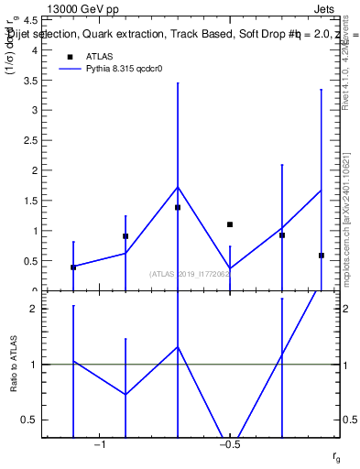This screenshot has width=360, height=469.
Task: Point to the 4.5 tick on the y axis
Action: point(29,19)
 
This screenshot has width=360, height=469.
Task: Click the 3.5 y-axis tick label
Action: point(29,80)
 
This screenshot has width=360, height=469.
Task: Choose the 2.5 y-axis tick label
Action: point(29,140)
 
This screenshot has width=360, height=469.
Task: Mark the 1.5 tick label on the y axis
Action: point(29,201)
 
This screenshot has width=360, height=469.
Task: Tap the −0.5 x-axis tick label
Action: point(229,444)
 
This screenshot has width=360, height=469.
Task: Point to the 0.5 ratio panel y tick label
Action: point(29,420)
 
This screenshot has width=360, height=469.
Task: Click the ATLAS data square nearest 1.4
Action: point(178,207)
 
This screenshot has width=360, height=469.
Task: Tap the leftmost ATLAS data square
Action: point(73,267)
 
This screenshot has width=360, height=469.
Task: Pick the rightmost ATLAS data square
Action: point(322,256)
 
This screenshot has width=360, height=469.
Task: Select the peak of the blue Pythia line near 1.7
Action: point(178,187)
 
